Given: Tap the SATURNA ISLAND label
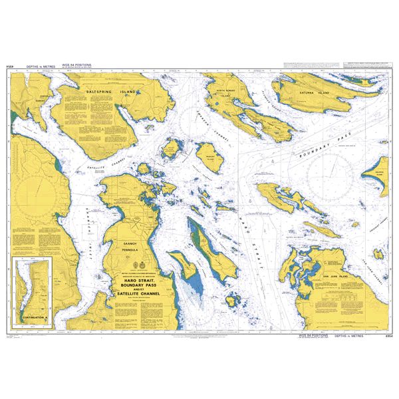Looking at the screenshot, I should click(x=315, y=94).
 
